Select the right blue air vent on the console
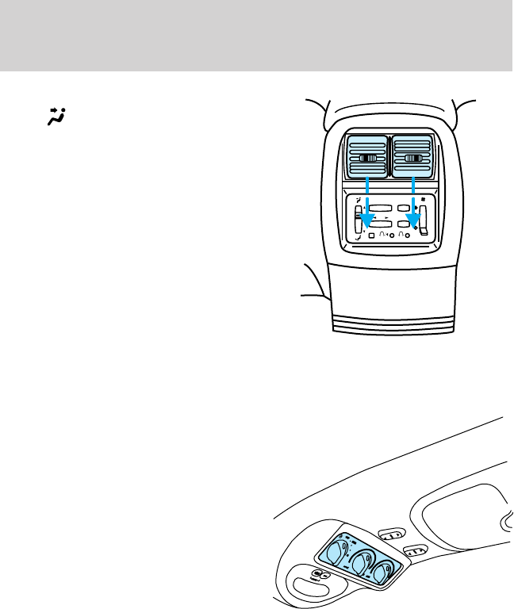coord(412,158)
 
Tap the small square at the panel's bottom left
coord(371,236)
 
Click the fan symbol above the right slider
coord(424,198)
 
